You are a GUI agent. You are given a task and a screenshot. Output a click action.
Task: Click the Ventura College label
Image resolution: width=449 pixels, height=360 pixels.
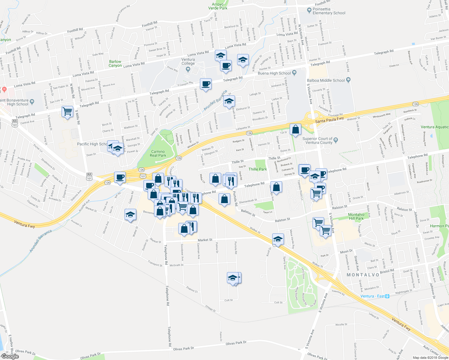point(188,61)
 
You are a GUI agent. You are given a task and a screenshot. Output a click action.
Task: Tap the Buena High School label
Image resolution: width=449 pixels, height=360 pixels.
point(274,73)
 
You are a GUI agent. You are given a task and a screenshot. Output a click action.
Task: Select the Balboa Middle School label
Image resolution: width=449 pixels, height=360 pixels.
point(326,80)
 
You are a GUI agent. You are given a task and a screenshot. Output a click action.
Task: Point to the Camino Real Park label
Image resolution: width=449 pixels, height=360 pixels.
point(158,154)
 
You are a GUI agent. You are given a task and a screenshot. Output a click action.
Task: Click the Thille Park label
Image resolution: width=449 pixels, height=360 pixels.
point(258,169)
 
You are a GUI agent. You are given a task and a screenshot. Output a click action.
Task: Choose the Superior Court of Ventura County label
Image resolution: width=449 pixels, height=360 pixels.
point(317,140)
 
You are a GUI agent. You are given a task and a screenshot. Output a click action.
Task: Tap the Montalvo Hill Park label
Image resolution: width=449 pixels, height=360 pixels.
point(356,216)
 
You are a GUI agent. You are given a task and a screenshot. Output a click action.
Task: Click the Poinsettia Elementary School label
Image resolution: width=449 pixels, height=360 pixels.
point(329,11)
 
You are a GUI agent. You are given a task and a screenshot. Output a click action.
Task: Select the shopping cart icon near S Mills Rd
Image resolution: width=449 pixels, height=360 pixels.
point(68,112)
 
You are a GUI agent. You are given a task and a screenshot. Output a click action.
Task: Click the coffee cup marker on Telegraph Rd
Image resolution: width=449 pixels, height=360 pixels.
point(206,84)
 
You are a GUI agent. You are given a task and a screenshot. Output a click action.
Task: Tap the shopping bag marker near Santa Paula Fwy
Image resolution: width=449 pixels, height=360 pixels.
point(295,129)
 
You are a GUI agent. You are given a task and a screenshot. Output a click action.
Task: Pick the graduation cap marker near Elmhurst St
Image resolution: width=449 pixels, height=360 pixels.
point(229,101)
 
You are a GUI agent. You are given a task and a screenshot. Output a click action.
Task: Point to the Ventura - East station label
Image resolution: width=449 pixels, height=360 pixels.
point(372,296)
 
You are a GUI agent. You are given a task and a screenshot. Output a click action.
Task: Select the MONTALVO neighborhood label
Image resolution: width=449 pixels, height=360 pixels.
point(363,275)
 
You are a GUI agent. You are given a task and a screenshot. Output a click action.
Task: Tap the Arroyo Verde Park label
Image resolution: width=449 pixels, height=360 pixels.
point(218,6)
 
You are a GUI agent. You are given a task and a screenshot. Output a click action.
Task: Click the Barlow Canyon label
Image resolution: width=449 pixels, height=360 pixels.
point(115,64)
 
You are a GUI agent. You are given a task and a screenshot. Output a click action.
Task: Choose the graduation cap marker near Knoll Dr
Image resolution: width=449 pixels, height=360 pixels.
point(278,239)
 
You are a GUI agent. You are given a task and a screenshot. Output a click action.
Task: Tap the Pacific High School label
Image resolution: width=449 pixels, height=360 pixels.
point(92,144)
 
